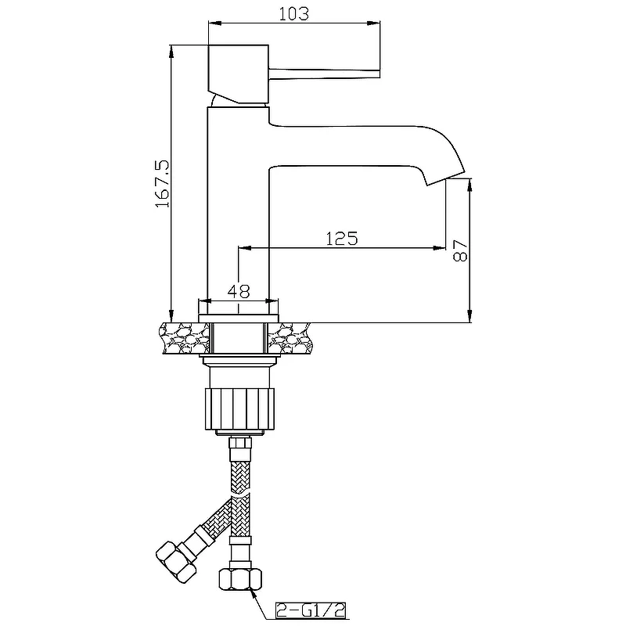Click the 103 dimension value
coord(294,13)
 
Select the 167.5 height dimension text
coord(163,184)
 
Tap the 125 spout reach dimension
coord(342,239)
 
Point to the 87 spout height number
coord(460,250)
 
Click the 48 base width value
coord(239,291)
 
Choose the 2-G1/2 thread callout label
coord(311,610)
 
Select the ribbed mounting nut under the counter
coord(240,408)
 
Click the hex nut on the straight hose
coord(240,577)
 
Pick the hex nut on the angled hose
coord(176,561)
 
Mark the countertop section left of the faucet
coord(185,338)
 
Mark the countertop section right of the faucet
coord(290,338)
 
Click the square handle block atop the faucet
coord(238,74)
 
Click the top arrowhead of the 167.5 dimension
coord(171,50)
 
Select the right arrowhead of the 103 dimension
coord(374,23)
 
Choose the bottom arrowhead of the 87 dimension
coord(470,316)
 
